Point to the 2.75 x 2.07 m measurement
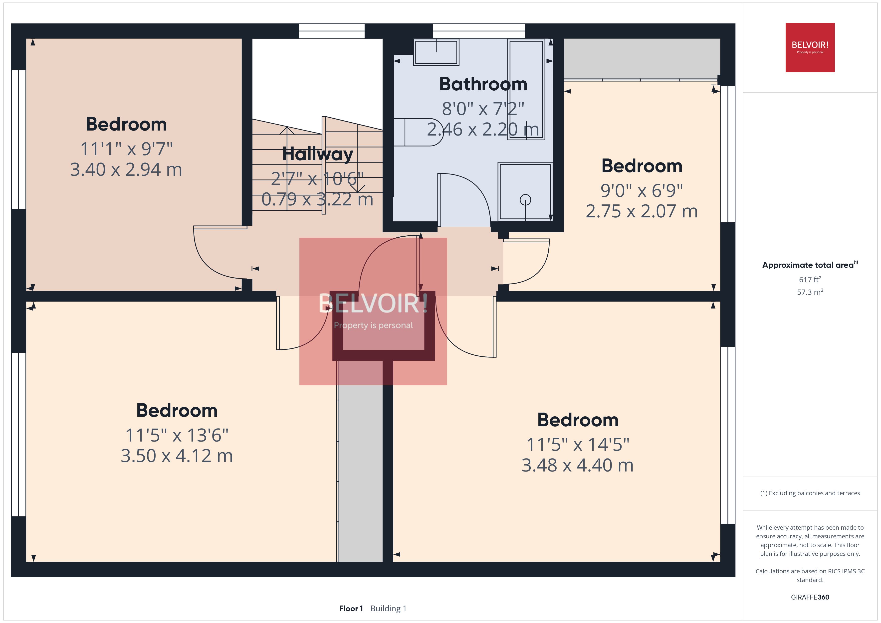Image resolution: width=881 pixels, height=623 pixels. coord(641,211)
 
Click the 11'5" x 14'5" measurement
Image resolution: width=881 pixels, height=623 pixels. coord(578,444)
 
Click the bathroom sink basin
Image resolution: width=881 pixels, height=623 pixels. coord(436,52)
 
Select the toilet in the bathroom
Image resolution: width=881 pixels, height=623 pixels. coord(418,132)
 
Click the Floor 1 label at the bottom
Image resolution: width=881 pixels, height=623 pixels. coord(351,609)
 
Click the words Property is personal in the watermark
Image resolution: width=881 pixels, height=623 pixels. coord(373,325)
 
